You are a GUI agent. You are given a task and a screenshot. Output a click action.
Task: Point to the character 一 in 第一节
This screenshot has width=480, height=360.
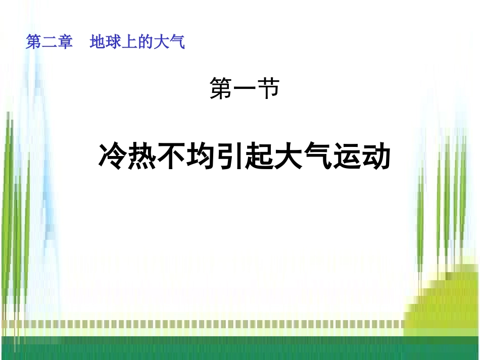pyautogui.click(x=245, y=90)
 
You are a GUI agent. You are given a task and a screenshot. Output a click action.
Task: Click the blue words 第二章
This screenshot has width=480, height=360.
pyautogui.click(x=49, y=42)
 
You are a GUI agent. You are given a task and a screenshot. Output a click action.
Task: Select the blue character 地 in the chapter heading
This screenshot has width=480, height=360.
pyautogui.click(x=98, y=42)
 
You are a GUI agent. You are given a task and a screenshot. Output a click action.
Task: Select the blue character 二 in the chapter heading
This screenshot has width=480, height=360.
pyautogui.click(x=49, y=42)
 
